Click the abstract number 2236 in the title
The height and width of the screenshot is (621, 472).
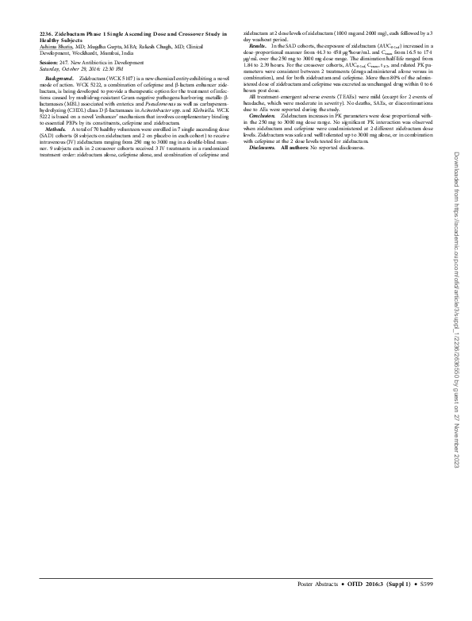click(x=45, y=35)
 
